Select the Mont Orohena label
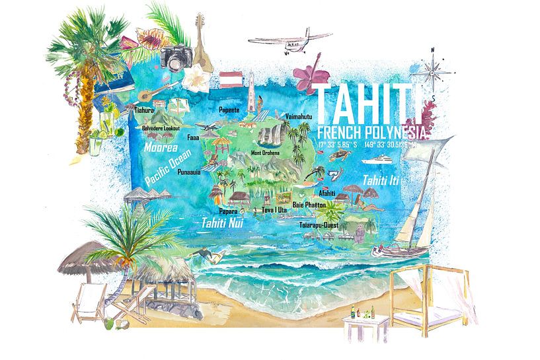tap(265, 153)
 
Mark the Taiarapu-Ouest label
tap(319, 225)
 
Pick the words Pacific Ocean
tap(168, 166)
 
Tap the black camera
tap(178, 59)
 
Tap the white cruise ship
tap(382, 159)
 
